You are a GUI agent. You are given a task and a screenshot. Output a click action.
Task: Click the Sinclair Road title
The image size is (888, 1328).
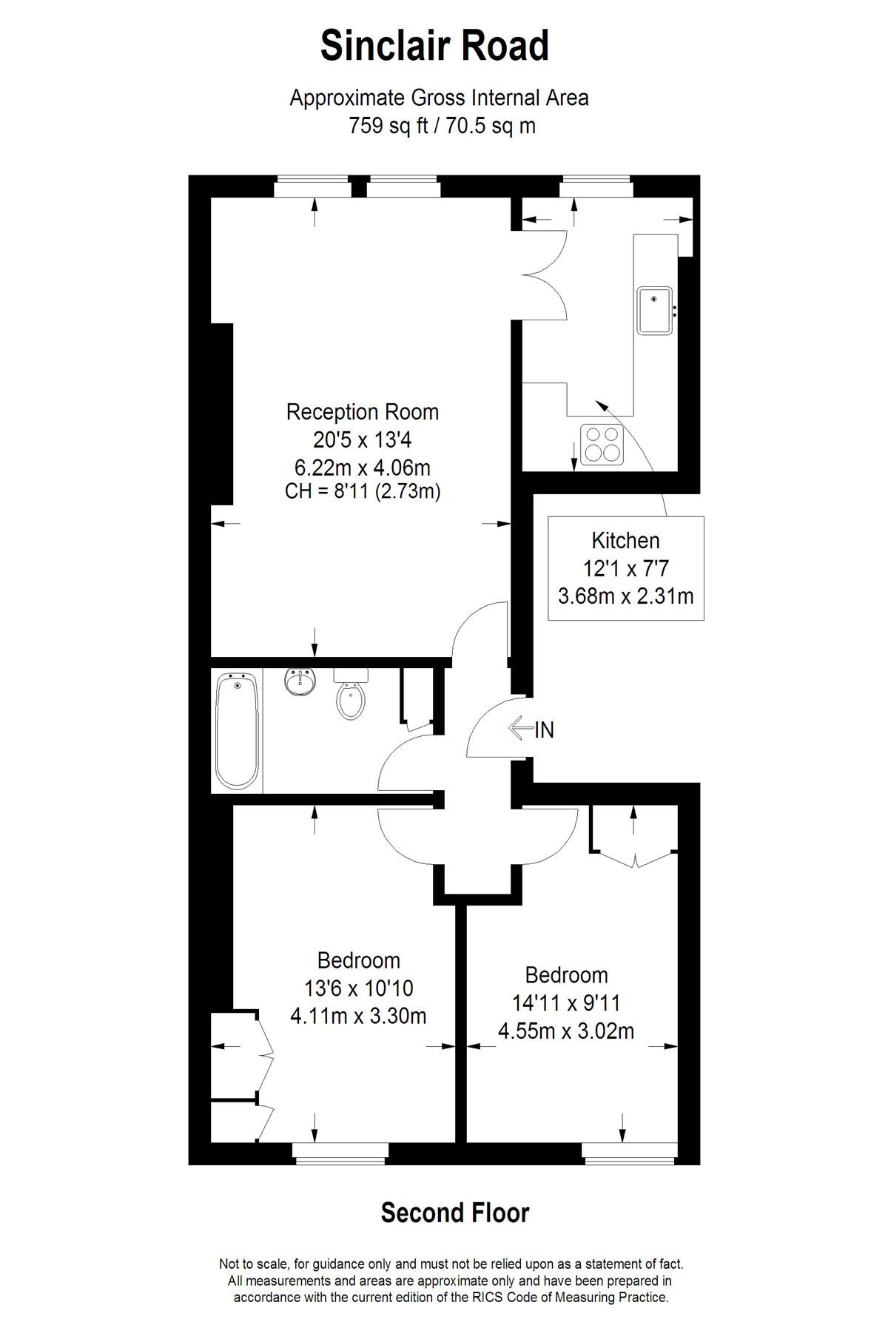click(x=434, y=46)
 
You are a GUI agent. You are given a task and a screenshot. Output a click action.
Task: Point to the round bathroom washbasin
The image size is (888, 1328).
click(x=300, y=681)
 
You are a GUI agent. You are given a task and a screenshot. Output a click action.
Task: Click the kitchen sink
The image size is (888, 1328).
click(x=655, y=310)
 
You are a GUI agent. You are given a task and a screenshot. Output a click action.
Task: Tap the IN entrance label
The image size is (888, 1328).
click(x=544, y=730)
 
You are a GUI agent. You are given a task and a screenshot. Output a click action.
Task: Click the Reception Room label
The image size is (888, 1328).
click(x=363, y=412)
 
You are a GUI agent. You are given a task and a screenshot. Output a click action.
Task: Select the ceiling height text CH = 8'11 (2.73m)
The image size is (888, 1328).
click(x=363, y=491)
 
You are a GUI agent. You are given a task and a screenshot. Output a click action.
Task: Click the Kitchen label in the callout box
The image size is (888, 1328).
click(x=625, y=541)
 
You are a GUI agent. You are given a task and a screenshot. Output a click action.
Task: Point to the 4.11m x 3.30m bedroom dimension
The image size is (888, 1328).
click(x=358, y=1016)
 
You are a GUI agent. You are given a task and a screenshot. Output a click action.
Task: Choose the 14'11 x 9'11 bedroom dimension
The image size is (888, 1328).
click(x=566, y=1003)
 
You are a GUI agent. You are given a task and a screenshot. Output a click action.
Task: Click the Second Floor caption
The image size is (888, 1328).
click(x=455, y=1213)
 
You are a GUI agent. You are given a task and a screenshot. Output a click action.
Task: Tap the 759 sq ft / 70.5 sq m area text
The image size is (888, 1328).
click(x=443, y=126)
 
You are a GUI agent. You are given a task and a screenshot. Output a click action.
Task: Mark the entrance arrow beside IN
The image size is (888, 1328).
click(x=521, y=729)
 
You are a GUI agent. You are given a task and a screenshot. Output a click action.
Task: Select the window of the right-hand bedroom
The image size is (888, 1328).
click(x=629, y=1152)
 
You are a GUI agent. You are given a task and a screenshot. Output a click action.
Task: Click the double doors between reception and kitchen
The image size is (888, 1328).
click(x=545, y=274)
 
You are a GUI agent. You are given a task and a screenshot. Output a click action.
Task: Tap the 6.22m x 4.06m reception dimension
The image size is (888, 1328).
click(x=363, y=468)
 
